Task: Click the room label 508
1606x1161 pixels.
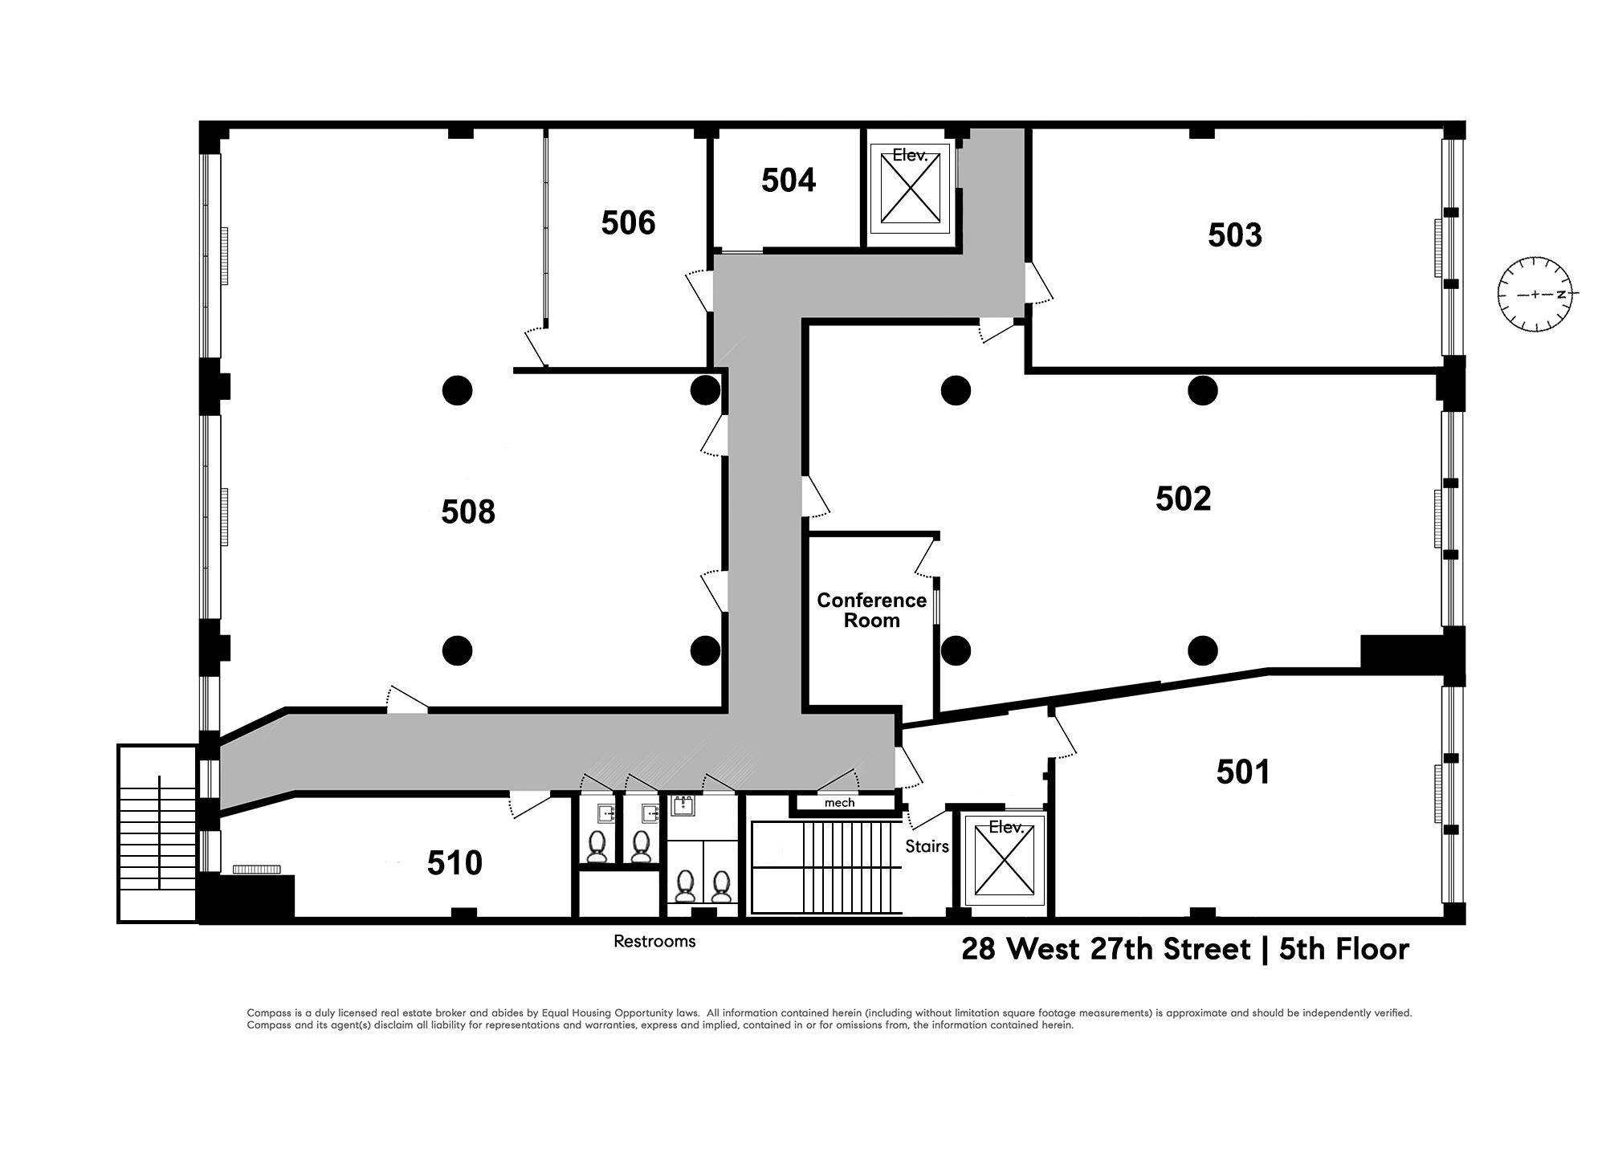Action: tap(468, 512)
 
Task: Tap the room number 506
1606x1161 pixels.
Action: tap(628, 222)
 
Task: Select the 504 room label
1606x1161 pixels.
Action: tap(789, 181)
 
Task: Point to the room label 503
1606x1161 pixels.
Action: tap(1235, 235)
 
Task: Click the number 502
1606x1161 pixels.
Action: tap(1183, 499)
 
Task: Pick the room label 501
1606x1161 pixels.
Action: tap(1243, 772)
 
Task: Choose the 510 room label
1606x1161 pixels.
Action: tap(454, 863)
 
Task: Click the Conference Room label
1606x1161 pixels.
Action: tap(871, 610)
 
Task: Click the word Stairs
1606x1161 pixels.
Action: tap(927, 846)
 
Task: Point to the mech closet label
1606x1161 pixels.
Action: tap(839, 803)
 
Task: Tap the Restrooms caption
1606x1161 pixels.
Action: tap(654, 941)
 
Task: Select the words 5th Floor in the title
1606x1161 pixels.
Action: tap(1344, 949)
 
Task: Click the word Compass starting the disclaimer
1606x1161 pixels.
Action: tap(268, 1013)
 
